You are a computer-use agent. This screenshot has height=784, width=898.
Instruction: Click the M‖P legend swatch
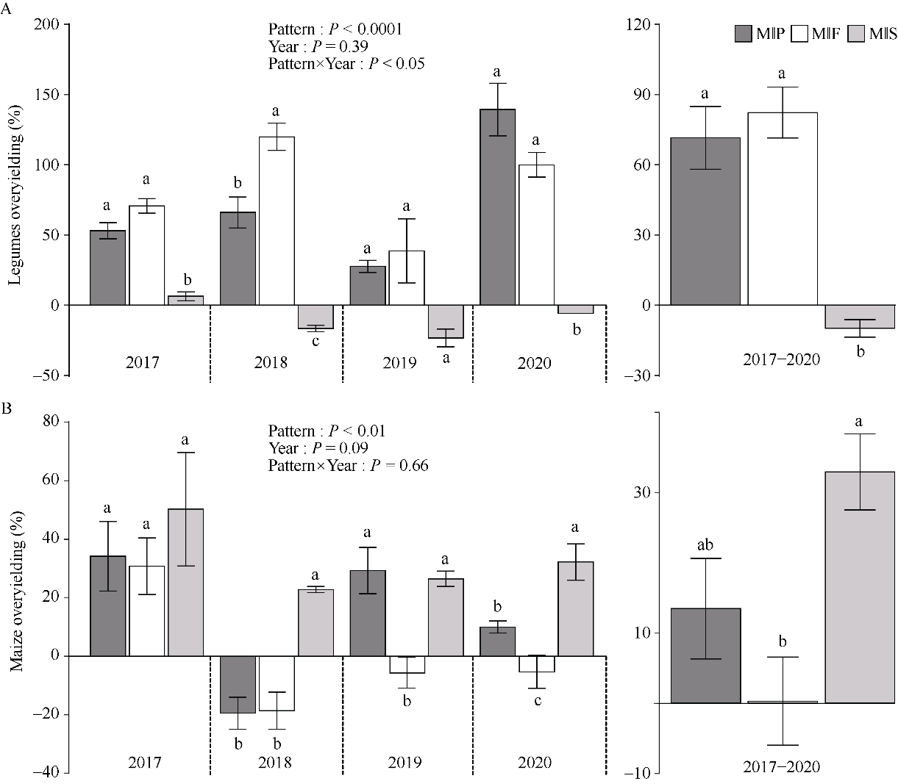pyautogui.click(x=743, y=34)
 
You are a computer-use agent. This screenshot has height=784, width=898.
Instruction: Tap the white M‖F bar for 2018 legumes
pyautogui.click(x=277, y=220)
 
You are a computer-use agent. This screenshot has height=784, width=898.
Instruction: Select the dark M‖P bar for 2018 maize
pyautogui.click(x=238, y=684)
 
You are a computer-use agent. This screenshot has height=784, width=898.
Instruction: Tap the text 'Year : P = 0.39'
pyautogui.click(x=318, y=46)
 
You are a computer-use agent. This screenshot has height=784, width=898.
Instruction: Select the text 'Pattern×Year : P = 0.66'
pyautogui.click(x=348, y=465)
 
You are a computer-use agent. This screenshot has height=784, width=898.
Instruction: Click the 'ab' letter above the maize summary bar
pyautogui.click(x=705, y=545)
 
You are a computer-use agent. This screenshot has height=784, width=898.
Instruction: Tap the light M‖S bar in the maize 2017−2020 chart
pyautogui.click(x=859, y=587)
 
